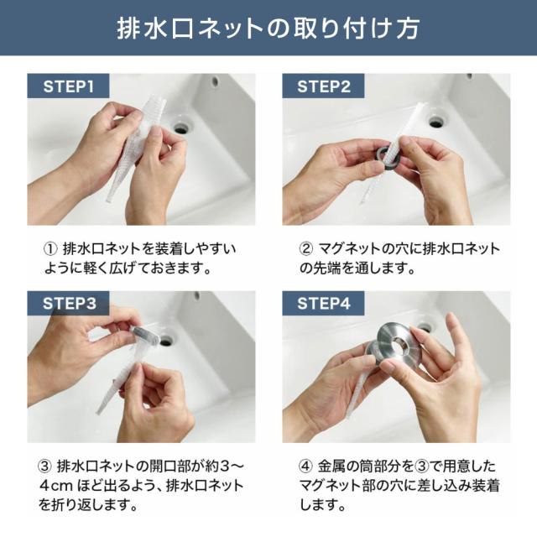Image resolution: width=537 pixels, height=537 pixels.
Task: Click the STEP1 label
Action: pyautogui.click(x=68, y=86)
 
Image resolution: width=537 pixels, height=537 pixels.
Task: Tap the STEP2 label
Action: pyautogui.click(x=324, y=86)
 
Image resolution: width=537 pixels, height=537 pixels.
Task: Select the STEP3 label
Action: pyautogui.click(x=69, y=304)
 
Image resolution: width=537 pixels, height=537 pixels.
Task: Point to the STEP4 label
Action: pyautogui.click(x=324, y=304)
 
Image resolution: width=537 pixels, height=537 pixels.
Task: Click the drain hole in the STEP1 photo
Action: pyautogui.click(x=181, y=128)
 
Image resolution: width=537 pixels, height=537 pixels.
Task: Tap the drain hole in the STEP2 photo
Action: pyautogui.click(x=436, y=121)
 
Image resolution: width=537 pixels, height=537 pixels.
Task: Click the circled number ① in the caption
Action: pyautogui.click(x=50, y=249)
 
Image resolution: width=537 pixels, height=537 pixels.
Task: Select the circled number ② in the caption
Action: pyautogui.click(x=305, y=249)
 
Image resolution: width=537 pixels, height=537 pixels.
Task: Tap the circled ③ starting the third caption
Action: pyautogui.click(x=44, y=467)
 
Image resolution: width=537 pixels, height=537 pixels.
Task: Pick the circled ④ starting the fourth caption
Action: pyautogui.click(x=305, y=467)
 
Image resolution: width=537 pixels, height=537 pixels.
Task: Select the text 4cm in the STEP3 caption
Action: pyautogui.click(x=55, y=486)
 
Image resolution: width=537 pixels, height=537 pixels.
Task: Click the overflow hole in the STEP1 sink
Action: pyautogui.click(x=215, y=81)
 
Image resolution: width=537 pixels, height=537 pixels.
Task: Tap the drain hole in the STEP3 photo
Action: pyautogui.click(x=166, y=341)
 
